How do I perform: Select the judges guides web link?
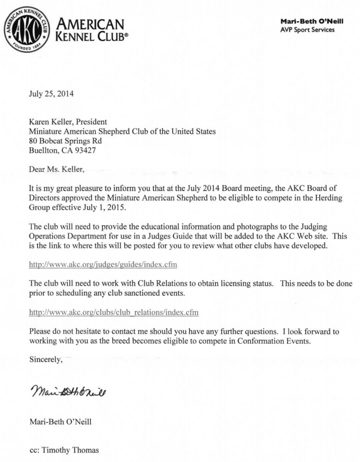click(x=103, y=265)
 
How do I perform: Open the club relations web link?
click(x=113, y=313)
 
